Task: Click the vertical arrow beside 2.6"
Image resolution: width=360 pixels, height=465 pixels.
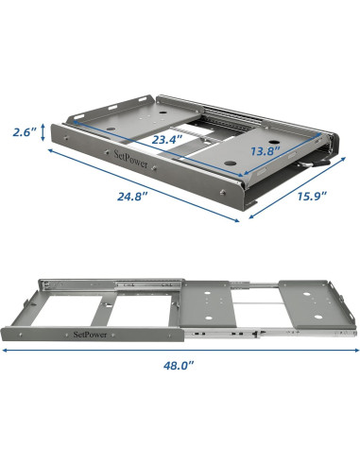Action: [50, 133]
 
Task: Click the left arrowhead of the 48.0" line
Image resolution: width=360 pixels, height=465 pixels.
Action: [5, 349]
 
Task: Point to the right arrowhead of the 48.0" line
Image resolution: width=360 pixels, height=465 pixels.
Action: [355, 349]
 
